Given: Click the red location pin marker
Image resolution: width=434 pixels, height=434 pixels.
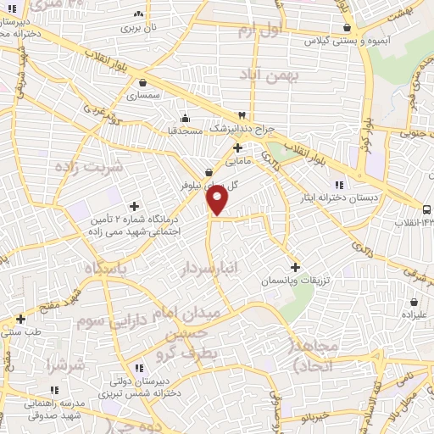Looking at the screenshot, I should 218,200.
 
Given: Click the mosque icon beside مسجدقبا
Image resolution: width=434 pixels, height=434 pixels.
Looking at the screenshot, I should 185,118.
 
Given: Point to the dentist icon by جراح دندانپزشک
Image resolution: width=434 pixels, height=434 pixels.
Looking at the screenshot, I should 243,115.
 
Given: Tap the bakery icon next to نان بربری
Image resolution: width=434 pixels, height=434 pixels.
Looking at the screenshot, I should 139,14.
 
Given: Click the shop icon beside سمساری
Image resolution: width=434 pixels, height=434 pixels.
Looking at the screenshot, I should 142,83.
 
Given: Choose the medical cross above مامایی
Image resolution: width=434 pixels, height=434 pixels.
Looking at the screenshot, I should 238,147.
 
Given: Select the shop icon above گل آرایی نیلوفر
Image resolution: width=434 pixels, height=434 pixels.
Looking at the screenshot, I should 209,172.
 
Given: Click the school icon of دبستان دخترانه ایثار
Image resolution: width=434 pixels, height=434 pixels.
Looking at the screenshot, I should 338,185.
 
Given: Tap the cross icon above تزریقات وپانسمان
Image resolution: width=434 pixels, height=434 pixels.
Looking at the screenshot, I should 295,267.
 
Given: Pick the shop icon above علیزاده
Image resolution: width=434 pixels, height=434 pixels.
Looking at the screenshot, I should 414,302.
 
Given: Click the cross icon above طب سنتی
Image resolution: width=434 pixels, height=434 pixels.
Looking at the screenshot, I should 20,319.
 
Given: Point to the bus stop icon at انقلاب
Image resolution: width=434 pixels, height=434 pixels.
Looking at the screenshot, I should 426,209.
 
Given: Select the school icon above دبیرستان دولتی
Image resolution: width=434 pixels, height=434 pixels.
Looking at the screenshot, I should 139,368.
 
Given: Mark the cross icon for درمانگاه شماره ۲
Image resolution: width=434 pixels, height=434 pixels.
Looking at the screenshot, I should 134,206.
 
